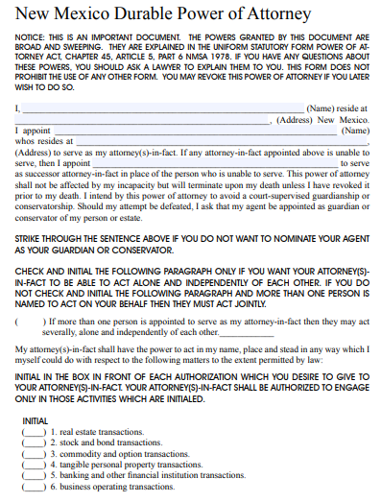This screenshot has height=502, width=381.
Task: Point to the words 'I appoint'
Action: (33, 131)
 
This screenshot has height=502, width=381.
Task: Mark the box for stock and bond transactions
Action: (34, 443)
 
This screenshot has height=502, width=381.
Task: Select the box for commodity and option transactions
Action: (34, 454)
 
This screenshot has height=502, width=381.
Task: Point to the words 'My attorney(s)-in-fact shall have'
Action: (86, 348)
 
